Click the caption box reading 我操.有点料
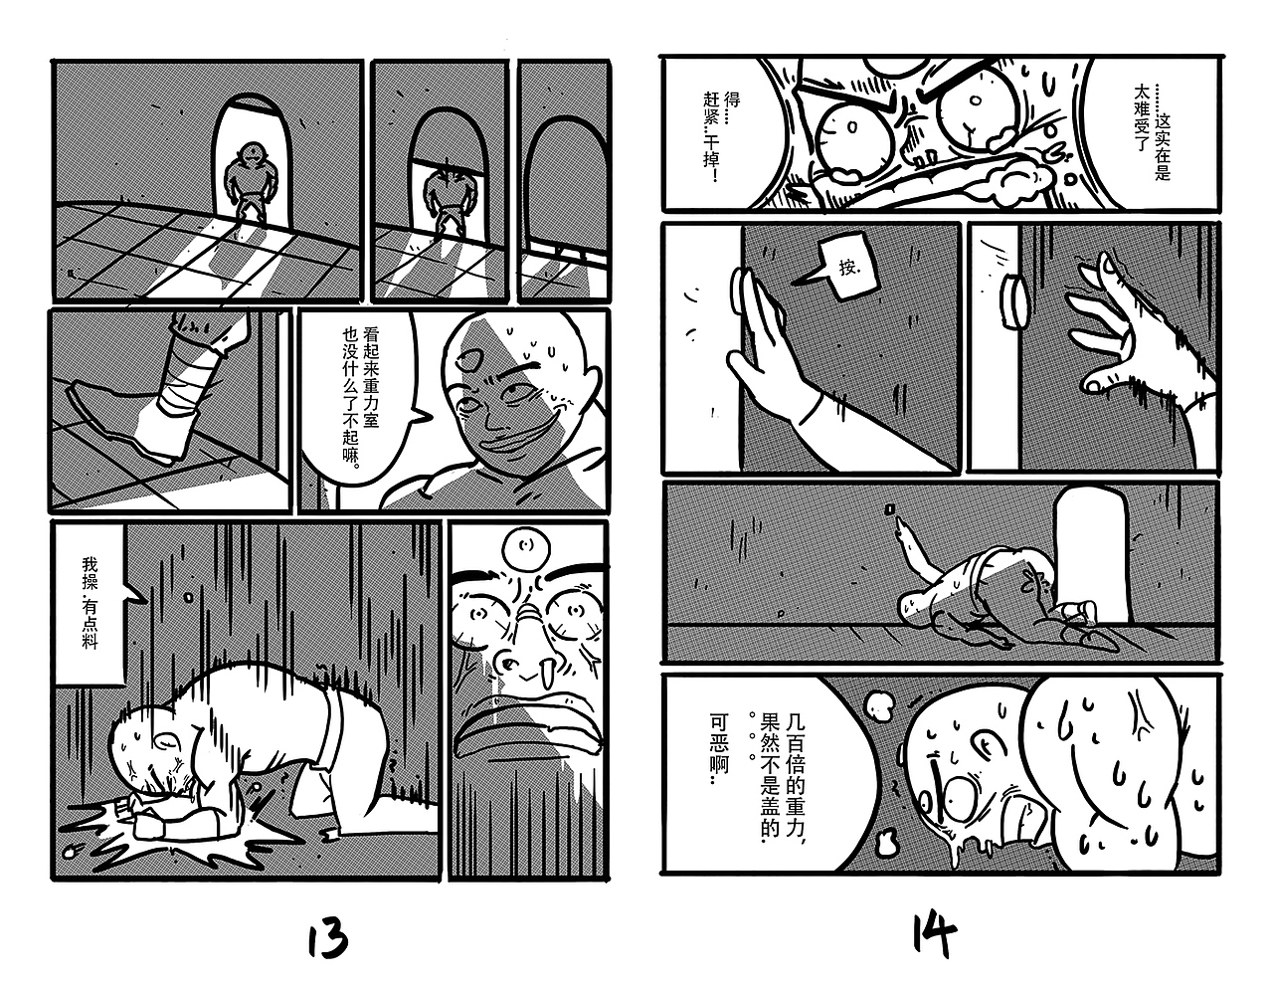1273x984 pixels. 90,604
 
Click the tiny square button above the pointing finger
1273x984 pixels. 890,508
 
